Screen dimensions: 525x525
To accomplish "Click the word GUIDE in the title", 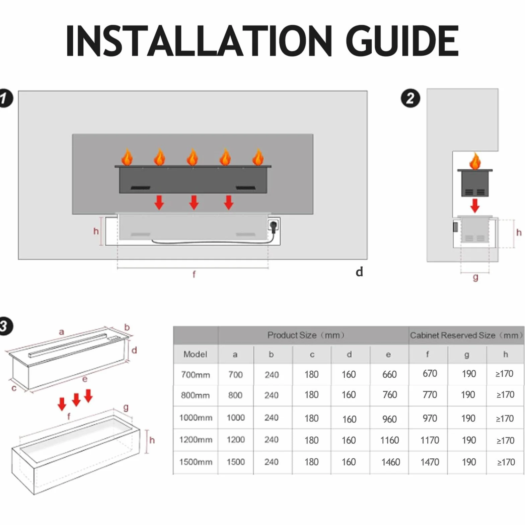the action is point(402,41).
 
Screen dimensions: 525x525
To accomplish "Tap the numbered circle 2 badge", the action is point(410,98).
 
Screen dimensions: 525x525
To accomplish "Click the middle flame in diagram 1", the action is point(193,157).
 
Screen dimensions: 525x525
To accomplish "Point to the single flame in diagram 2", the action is point(475,161).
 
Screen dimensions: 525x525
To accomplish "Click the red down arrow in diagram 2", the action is point(475,206).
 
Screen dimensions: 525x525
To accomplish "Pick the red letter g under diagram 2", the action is point(475,277).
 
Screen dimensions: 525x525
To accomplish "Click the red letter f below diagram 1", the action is point(194,275).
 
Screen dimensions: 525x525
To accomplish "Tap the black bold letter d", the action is point(359,272).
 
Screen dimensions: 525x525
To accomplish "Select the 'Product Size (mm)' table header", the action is point(306,335).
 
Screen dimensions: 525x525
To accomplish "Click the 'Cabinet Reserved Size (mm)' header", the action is point(466,335).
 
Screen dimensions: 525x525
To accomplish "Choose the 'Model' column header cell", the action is point(195,354).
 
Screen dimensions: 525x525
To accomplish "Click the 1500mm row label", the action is point(196,462).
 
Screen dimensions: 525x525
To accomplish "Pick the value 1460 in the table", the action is point(391,462).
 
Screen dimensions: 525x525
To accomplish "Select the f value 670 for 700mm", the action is point(430,373).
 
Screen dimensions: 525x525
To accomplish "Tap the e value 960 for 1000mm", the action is point(389,419).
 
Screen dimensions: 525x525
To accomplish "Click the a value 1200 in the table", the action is point(236,440).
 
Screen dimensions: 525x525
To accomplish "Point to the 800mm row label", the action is point(195,395).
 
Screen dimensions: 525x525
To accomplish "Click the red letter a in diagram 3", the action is point(61,332).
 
